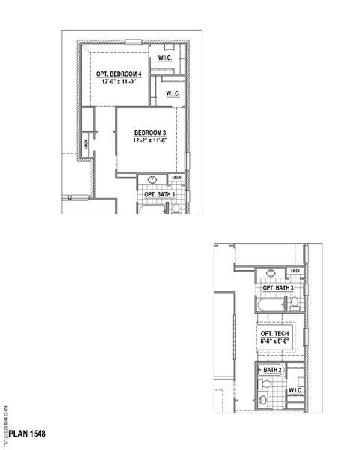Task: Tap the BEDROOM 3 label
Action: click(x=148, y=132)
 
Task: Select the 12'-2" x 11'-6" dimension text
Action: click(x=148, y=140)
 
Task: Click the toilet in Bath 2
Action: click(x=265, y=383)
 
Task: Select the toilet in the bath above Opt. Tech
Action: click(x=294, y=303)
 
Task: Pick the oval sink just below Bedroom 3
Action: click(x=151, y=180)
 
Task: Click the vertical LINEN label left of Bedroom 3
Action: click(x=87, y=142)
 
